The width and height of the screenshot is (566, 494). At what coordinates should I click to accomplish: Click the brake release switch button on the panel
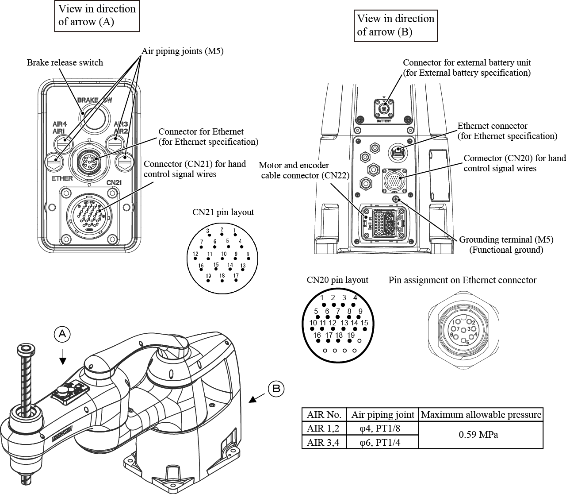(x=94, y=120)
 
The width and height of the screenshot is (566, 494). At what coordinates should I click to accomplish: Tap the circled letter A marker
(x=62, y=334)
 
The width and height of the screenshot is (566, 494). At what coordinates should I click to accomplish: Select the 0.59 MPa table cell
(x=481, y=435)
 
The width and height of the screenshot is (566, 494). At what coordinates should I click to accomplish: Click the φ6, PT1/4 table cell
(x=382, y=442)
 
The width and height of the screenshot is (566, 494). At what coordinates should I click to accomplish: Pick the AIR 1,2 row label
(x=324, y=428)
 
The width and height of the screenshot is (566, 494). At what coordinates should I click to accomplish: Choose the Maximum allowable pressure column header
(x=481, y=415)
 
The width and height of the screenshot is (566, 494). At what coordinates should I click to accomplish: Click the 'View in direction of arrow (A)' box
(x=97, y=15)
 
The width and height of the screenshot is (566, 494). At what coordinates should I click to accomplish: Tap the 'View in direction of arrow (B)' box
(x=395, y=25)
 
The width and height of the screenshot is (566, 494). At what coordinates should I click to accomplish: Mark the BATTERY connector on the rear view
(x=383, y=108)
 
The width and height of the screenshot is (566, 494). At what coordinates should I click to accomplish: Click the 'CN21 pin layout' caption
(x=223, y=212)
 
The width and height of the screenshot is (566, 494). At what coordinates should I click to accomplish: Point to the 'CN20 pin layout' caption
(x=337, y=280)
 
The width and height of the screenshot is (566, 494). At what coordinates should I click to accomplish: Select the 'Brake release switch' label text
(x=65, y=62)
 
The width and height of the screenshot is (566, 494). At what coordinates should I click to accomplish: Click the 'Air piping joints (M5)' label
(x=183, y=51)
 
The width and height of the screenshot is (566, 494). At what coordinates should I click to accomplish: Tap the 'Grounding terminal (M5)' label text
(x=506, y=239)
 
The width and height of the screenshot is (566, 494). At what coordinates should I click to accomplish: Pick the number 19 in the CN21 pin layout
(x=208, y=276)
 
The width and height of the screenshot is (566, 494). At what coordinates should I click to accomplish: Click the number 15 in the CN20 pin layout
(x=364, y=323)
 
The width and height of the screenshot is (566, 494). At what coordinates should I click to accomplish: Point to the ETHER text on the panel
(x=62, y=179)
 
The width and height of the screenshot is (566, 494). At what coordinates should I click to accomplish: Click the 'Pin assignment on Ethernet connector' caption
(x=462, y=280)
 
